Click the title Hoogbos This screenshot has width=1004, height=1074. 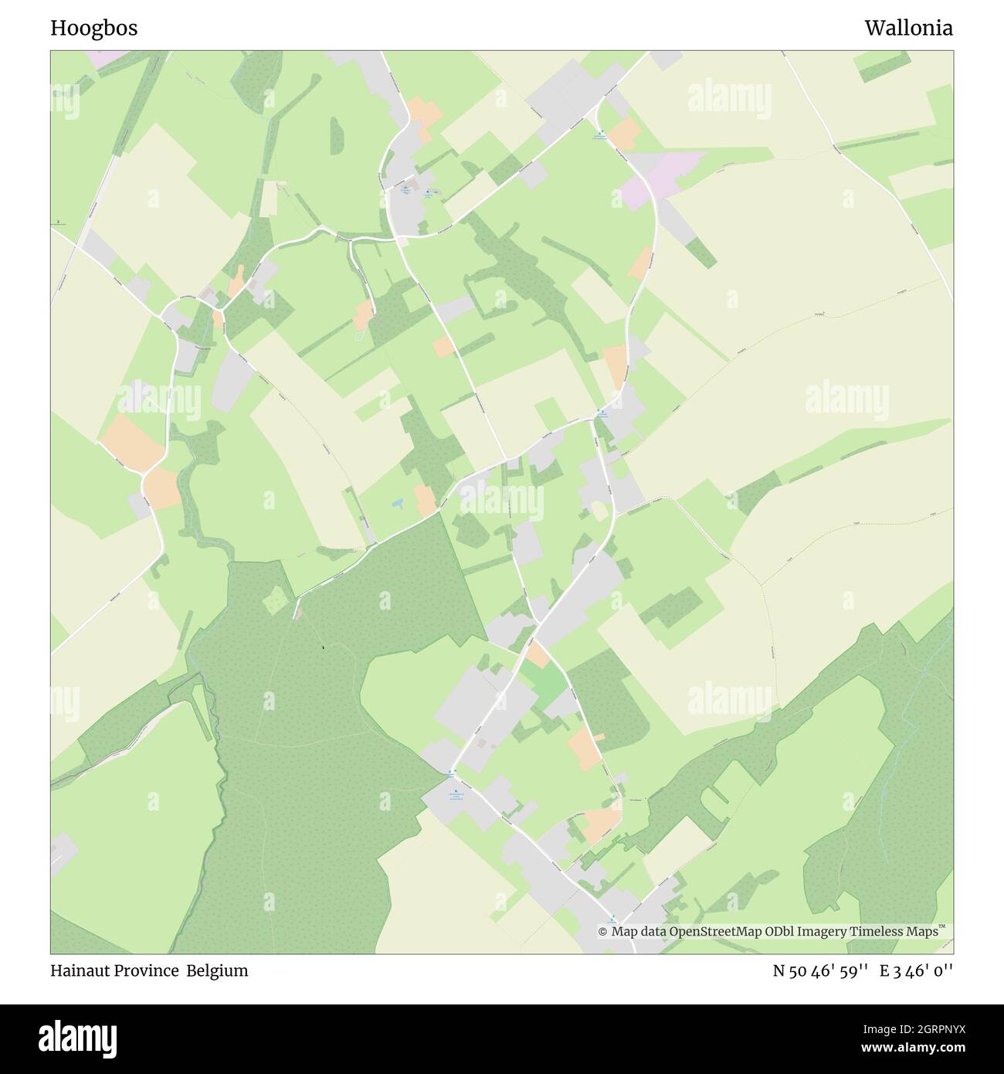point(94,28)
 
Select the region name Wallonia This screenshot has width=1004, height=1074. point(908,28)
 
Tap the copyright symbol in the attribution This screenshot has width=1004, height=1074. point(602,932)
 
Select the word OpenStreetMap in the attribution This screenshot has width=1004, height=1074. point(704,932)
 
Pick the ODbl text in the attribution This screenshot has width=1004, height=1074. point(764,932)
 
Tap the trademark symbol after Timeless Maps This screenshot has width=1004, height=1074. point(941,927)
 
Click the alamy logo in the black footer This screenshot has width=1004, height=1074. point(77,1038)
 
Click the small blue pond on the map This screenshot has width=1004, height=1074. point(396,503)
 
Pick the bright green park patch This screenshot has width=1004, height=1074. point(547,685)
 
